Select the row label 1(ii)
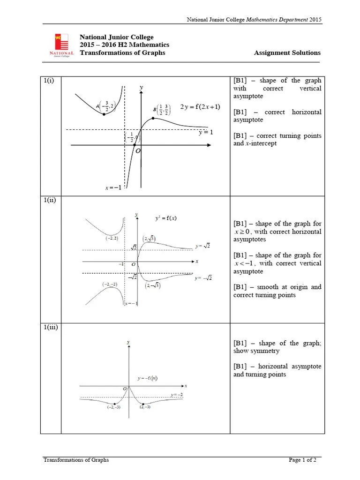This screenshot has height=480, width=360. (50, 200)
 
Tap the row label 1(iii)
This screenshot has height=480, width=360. (51, 327)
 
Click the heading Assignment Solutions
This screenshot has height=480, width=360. (287, 53)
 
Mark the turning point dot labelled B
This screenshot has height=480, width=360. (153, 118)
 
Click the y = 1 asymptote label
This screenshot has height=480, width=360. (205, 133)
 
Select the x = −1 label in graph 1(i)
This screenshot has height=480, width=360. (113, 188)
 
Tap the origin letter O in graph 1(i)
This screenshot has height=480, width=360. (138, 151)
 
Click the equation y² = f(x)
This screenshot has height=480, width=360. (166, 218)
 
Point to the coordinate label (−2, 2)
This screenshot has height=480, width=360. (111, 238)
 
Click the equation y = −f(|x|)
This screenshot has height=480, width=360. (147, 378)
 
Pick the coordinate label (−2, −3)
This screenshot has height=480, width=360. (115, 407)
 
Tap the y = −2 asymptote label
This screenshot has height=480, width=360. (176, 395)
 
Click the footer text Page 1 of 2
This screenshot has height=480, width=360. (302, 460)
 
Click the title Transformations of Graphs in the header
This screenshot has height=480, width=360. (122, 52)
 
